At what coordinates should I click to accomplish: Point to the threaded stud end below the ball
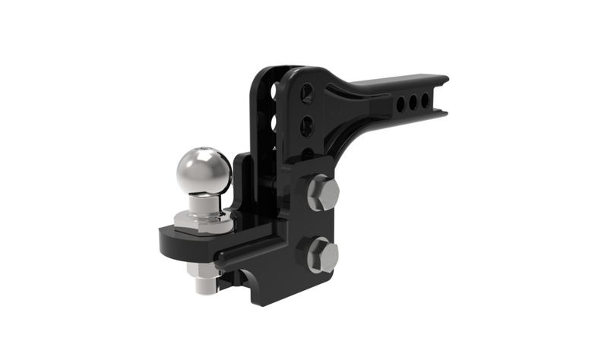(204, 287)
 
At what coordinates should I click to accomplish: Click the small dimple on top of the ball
(204, 150)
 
